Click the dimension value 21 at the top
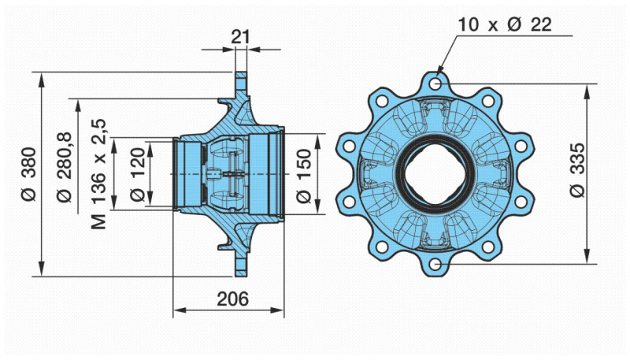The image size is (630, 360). (240, 36)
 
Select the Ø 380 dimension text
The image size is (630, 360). (28, 173)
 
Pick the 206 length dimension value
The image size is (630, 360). (232, 299)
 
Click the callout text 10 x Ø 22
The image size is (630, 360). (506, 24)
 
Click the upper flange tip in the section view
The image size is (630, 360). (240, 76)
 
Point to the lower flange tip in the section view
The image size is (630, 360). (240, 272)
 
